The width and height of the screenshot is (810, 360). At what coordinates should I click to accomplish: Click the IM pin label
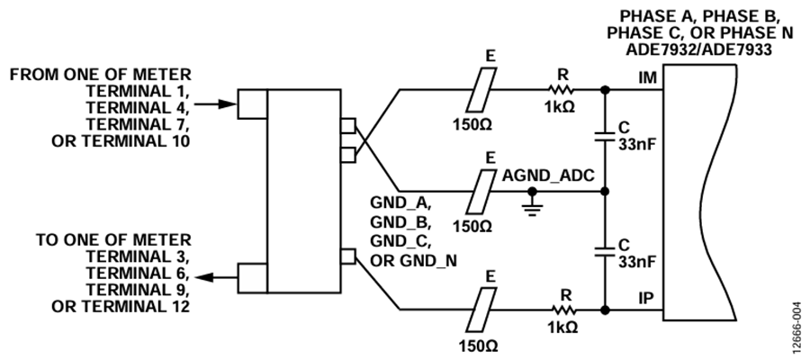tap(647, 78)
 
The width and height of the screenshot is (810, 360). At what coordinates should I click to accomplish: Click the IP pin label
tap(645, 298)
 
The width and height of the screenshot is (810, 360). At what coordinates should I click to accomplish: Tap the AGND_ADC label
tap(548, 176)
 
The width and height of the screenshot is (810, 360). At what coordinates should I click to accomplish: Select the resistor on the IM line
tap(561, 90)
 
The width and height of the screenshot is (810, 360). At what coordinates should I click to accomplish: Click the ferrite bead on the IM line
tap(481, 90)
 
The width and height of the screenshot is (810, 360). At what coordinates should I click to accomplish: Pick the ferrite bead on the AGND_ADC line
tap(481, 192)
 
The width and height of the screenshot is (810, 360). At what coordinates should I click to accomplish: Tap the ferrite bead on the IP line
tap(481, 310)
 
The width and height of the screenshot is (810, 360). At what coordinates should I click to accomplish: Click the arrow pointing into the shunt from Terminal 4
tap(215, 103)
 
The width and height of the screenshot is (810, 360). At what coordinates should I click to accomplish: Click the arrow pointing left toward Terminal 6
tap(216, 278)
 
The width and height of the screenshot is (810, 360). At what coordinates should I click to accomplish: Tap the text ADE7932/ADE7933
tap(699, 50)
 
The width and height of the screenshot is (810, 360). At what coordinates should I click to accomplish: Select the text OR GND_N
tap(414, 261)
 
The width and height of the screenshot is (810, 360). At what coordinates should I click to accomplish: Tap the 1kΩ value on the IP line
tap(561, 328)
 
